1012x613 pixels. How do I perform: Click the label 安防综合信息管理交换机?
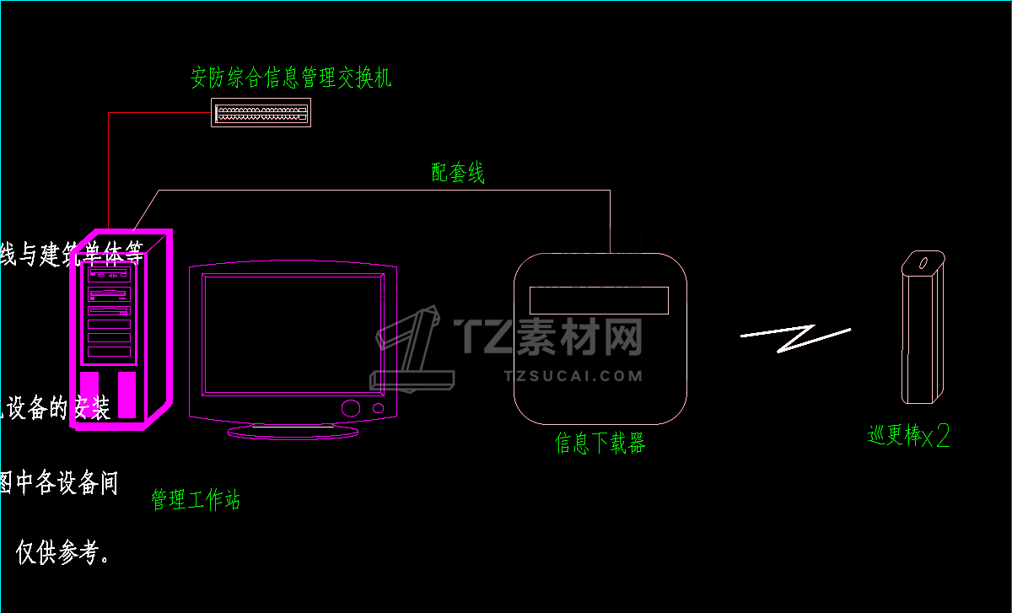pos(291,78)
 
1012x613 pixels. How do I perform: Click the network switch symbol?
pos(261,112)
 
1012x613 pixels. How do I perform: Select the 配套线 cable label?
pos(458,174)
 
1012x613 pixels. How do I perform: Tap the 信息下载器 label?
pos(600,443)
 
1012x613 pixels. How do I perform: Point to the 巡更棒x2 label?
pos(909,436)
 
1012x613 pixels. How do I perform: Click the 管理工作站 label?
pos(196,499)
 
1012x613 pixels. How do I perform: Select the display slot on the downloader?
pos(598,299)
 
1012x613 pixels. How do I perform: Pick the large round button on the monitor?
pos(350,408)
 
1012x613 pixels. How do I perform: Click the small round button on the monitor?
pos(379,408)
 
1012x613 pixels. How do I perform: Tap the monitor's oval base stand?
pos(293,431)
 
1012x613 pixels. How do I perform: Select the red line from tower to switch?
pos(109,169)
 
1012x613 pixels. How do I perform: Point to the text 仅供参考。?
pos(62,552)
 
